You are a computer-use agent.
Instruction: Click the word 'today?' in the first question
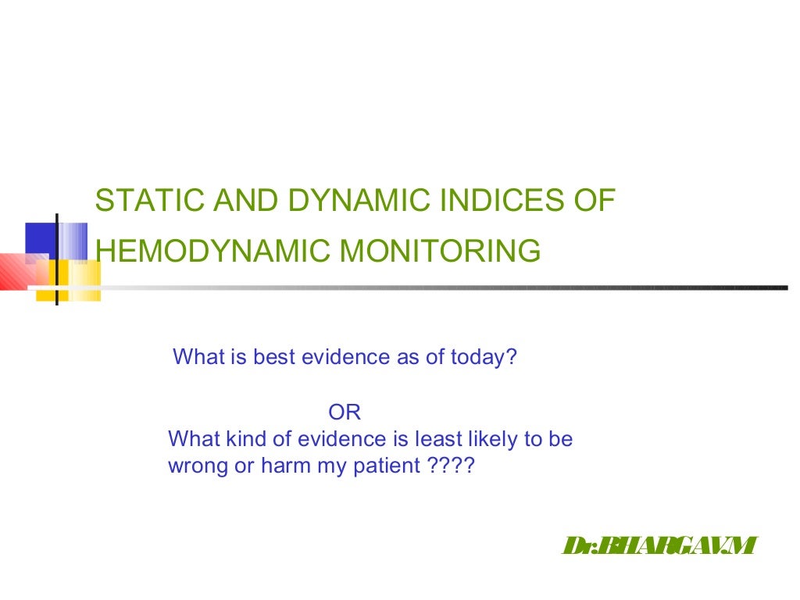[x=484, y=358]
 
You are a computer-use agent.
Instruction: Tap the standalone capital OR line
[x=344, y=412]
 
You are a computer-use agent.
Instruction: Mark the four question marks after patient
[x=452, y=466]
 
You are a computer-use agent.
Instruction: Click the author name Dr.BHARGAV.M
[x=660, y=546]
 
